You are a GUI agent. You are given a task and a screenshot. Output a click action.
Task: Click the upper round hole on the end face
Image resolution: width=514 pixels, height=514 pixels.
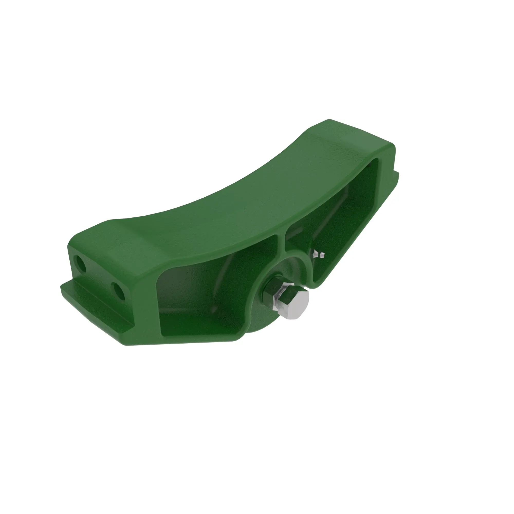(x=80, y=263)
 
